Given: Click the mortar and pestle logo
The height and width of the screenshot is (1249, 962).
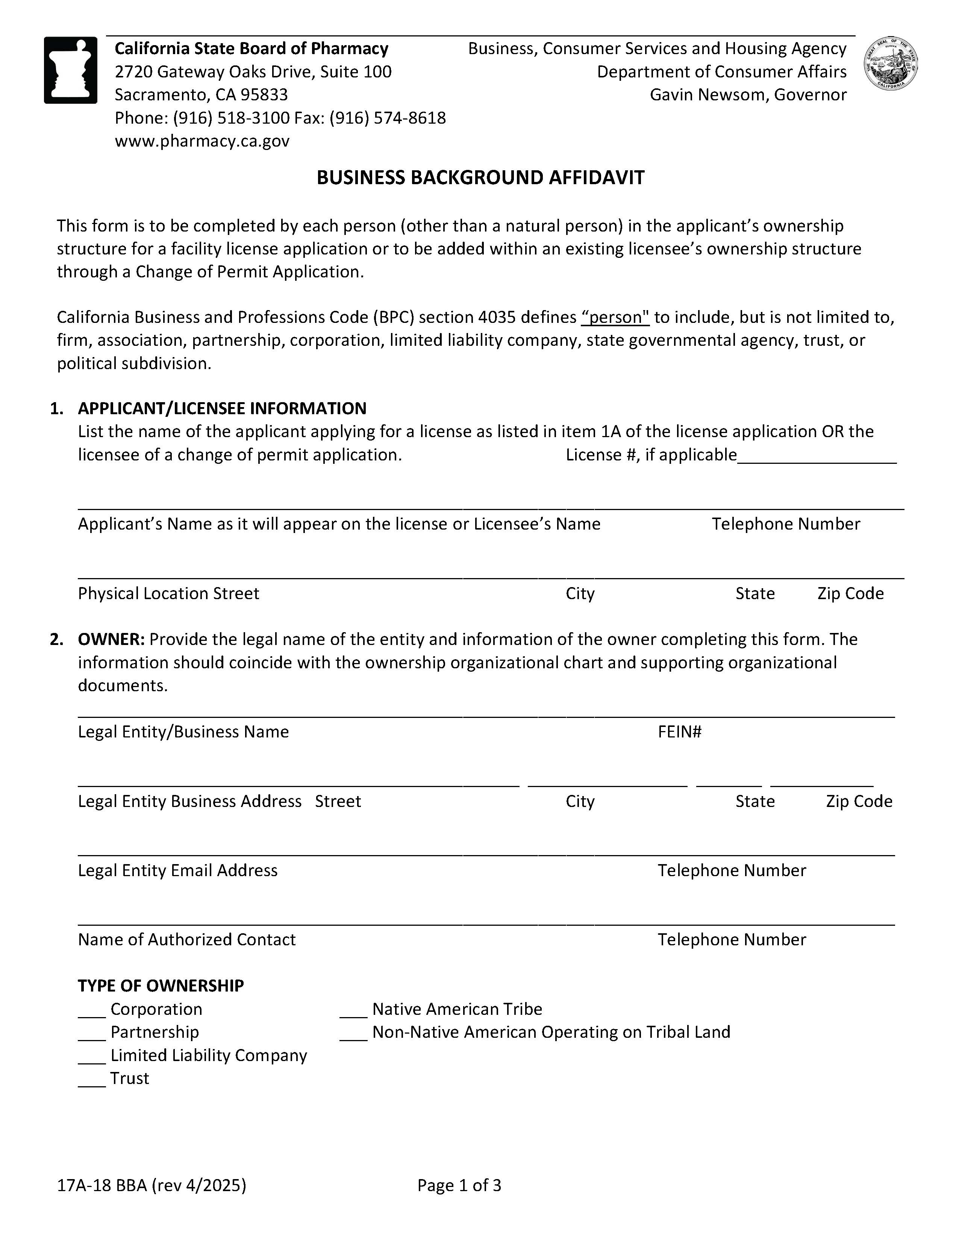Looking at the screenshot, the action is pyautogui.click(x=70, y=70).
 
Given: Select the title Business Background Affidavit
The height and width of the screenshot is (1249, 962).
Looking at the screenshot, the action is pyautogui.click(x=480, y=177).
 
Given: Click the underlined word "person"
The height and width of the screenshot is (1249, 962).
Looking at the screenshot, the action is pyautogui.click(x=615, y=317).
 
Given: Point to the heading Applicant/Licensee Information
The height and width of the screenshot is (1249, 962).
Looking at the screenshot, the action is pyautogui.click(x=222, y=408).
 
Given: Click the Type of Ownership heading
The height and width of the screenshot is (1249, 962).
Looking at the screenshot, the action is pyautogui.click(x=161, y=986).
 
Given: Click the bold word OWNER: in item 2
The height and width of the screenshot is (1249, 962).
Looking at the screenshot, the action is pyautogui.click(x=111, y=639).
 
